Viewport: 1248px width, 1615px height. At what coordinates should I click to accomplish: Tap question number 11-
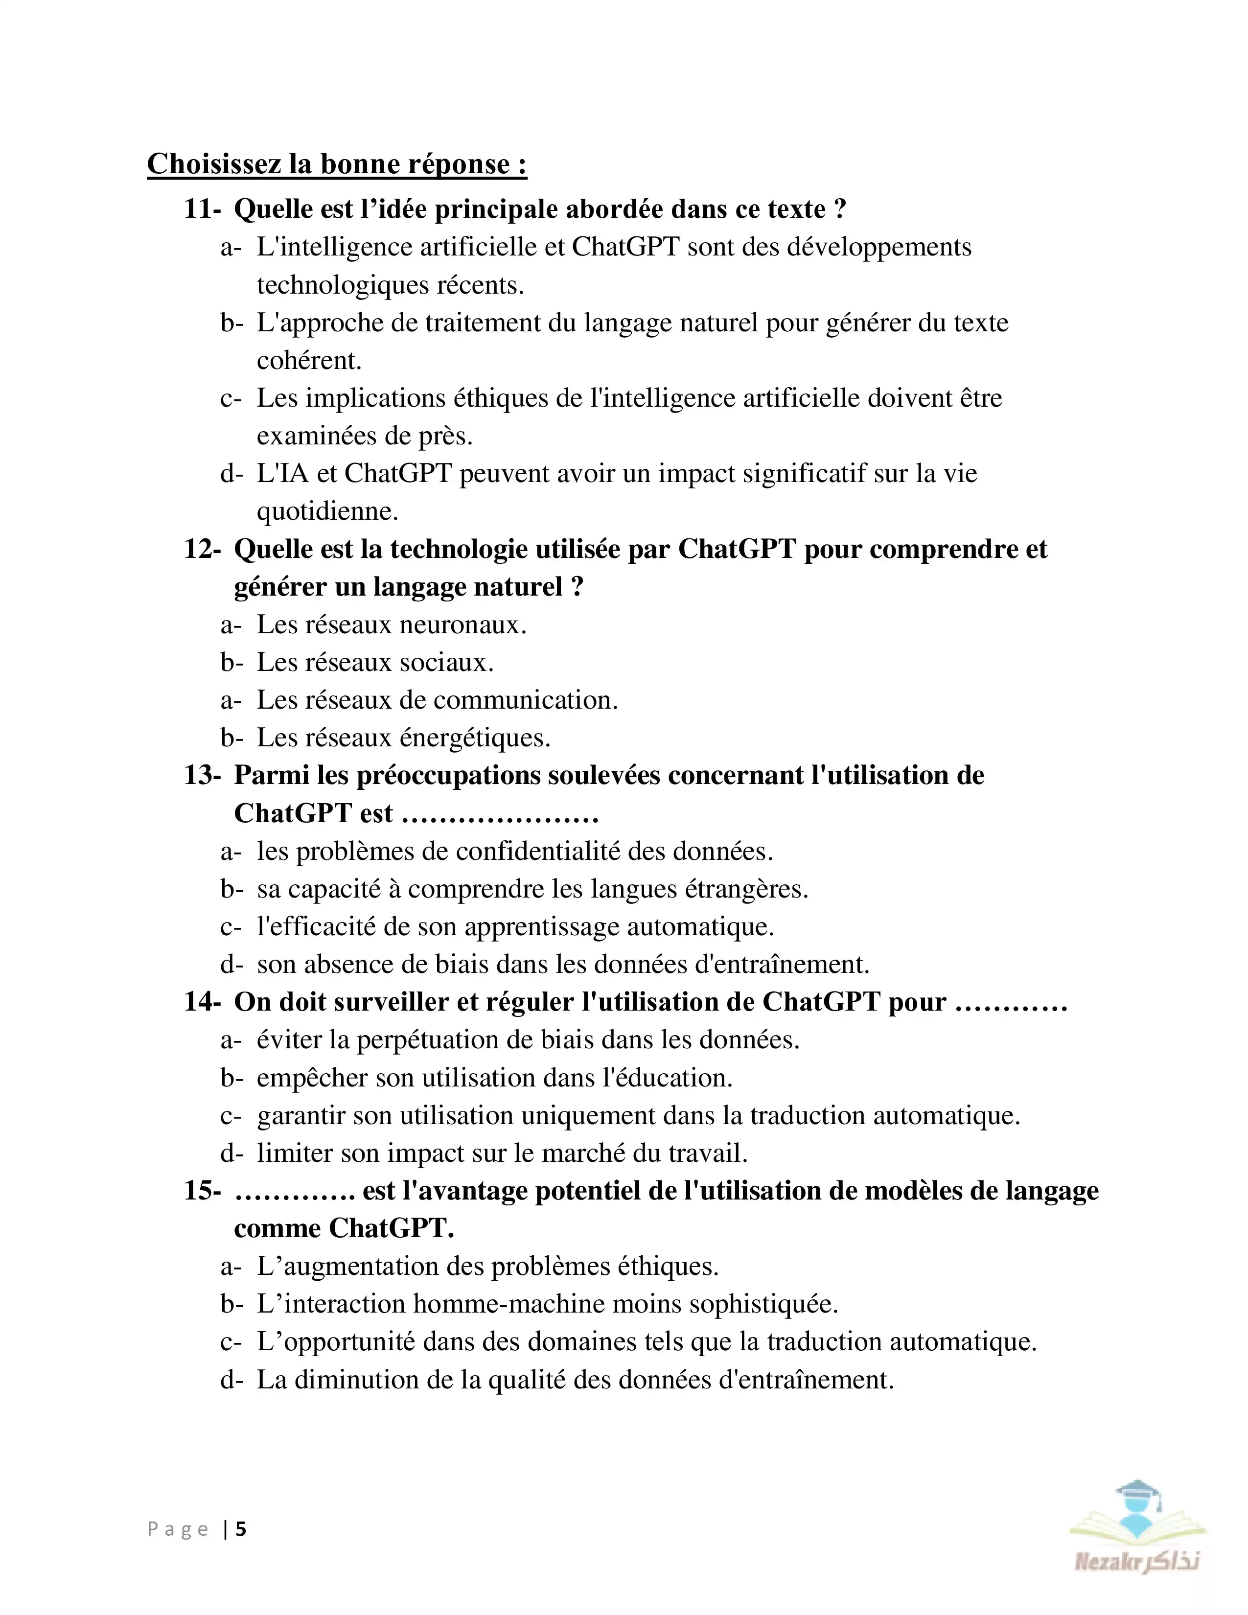tap(202, 209)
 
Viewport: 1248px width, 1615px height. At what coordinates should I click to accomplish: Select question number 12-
tap(202, 550)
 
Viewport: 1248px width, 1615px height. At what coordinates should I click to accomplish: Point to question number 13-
tap(202, 776)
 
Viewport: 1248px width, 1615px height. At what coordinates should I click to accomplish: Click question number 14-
tap(202, 1002)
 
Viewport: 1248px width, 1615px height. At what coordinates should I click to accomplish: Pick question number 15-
tap(202, 1191)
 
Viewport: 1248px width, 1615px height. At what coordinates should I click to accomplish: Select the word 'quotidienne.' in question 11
tap(327, 512)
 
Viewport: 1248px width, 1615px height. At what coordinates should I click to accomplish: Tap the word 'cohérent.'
tap(309, 361)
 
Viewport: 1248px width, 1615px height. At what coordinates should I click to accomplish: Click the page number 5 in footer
tap(241, 1529)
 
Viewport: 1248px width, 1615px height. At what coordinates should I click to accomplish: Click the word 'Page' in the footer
tap(178, 1529)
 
